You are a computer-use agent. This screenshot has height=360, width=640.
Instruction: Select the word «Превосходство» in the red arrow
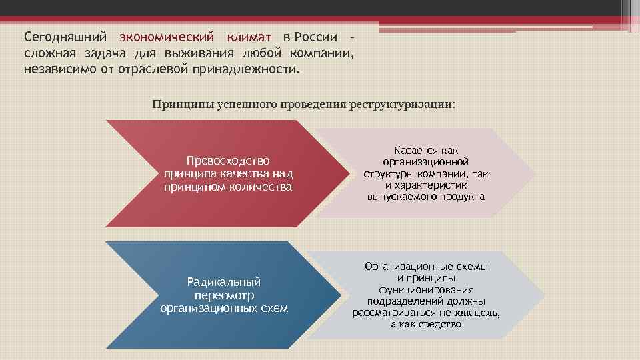coord(228,161)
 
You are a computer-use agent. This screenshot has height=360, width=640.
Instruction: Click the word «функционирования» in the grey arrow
coord(426,289)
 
